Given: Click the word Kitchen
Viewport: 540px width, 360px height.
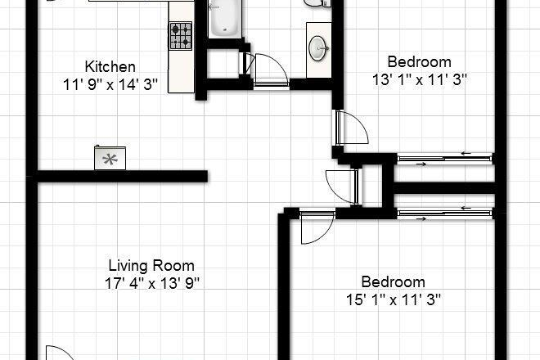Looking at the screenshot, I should click(x=111, y=66).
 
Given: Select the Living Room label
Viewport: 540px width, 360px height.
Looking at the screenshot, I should click(x=151, y=265).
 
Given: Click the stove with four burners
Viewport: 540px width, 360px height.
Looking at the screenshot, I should click(x=181, y=35).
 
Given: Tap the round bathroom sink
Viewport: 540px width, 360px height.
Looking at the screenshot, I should click(x=318, y=48).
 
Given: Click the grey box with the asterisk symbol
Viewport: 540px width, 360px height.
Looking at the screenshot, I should click(x=108, y=158).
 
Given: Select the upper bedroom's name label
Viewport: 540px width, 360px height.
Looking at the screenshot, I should click(x=419, y=61).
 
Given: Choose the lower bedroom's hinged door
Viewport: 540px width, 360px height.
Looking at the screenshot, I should click(x=315, y=227).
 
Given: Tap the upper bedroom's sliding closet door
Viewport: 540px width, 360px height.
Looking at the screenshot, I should click(x=444, y=158).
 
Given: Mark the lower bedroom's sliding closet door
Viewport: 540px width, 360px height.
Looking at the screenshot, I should click(x=444, y=214).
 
